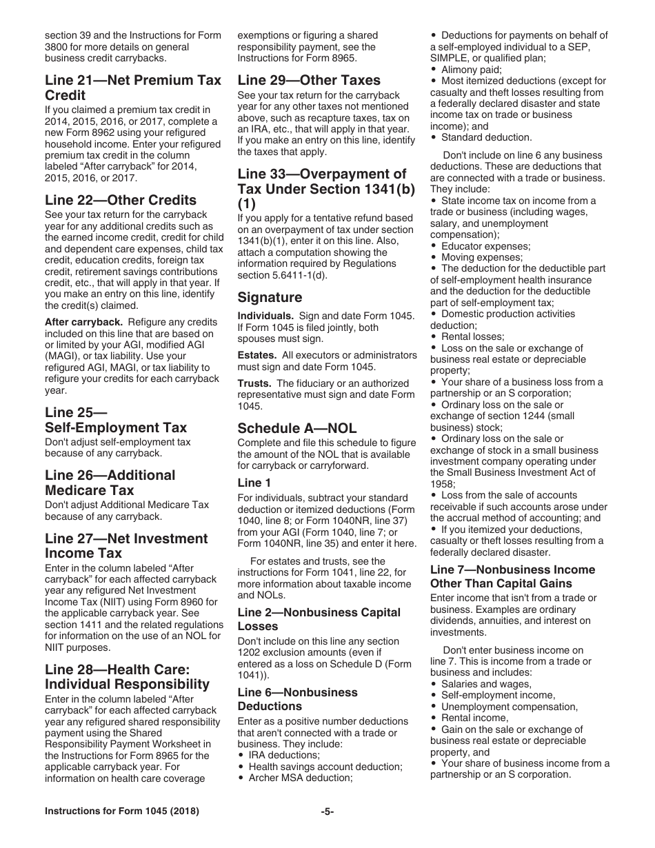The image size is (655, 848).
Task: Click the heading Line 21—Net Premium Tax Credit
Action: [x=133, y=88]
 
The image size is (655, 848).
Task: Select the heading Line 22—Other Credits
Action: [x=121, y=200]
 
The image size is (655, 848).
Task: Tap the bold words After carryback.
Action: [x=83, y=322]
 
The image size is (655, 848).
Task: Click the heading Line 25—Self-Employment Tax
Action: [x=115, y=420]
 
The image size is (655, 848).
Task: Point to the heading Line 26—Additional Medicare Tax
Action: [x=110, y=483]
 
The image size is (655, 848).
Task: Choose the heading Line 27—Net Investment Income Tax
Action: [x=126, y=545]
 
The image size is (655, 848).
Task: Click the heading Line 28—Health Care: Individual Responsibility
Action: [x=128, y=676]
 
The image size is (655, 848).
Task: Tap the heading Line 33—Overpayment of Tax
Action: [x=323, y=189]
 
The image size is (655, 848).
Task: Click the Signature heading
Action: [x=270, y=297]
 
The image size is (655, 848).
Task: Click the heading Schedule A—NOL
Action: [x=297, y=427]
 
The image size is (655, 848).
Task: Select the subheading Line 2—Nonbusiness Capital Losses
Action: [x=319, y=619]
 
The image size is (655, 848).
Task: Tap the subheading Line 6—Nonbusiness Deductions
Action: [x=298, y=699]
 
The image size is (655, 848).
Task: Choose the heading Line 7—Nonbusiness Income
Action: [x=512, y=576]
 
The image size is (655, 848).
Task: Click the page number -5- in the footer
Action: [x=327, y=811]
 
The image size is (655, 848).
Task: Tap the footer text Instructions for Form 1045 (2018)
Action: [x=122, y=811]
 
